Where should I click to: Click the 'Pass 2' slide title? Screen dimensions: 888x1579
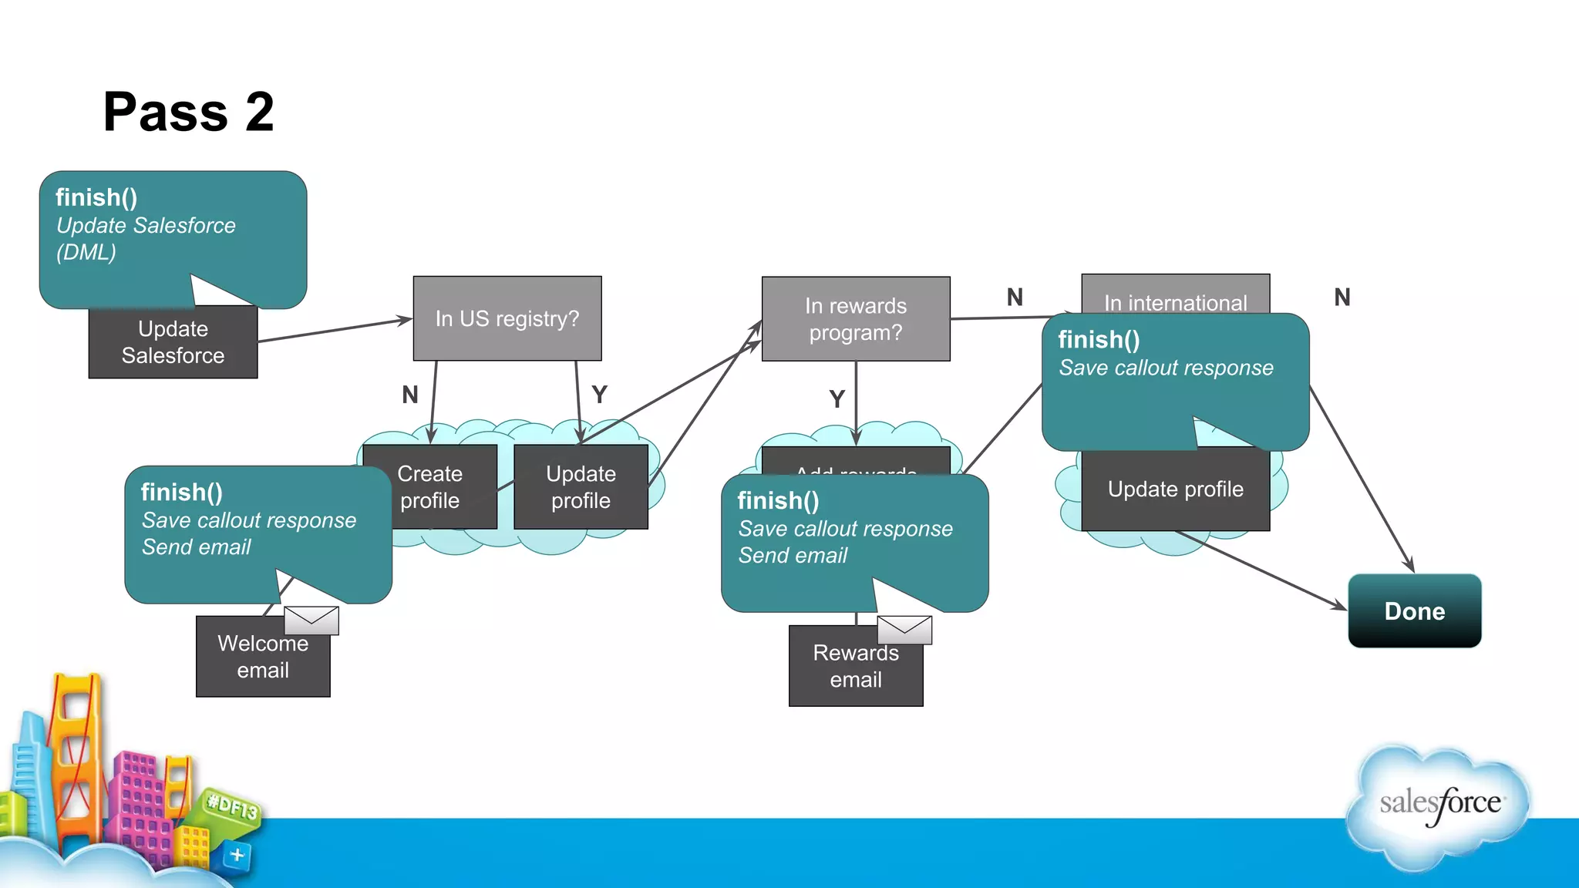[x=189, y=112]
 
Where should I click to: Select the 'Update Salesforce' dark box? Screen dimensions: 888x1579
[x=173, y=343]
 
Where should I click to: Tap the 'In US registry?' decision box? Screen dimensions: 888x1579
[x=507, y=318]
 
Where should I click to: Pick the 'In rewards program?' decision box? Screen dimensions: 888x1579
[x=855, y=319]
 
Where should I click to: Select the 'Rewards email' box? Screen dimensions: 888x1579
[x=855, y=668]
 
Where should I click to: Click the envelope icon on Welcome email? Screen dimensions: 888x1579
[x=311, y=620]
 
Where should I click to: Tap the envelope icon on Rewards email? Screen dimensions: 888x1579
[x=904, y=629]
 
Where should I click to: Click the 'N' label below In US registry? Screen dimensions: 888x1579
[x=410, y=395]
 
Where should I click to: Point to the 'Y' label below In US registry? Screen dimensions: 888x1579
[x=599, y=395]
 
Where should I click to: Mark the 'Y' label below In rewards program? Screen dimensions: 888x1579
[x=837, y=399]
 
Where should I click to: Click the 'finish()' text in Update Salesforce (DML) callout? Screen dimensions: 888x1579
[x=96, y=197]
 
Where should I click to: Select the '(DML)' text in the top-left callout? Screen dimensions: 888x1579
[x=86, y=252]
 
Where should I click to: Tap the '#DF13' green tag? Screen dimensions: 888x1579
[x=232, y=806]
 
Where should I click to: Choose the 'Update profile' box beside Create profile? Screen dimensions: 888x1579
[x=581, y=487]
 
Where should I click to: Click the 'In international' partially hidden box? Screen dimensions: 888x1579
[x=1175, y=296]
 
